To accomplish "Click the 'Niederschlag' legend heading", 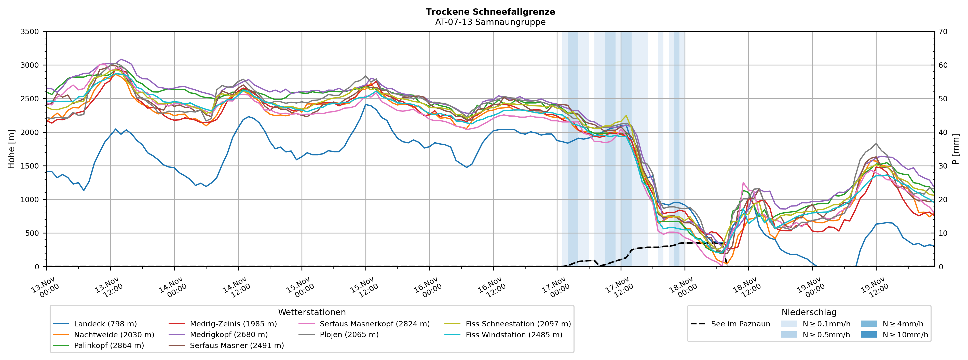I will click(809, 312).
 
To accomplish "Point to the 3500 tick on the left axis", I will click(30, 32).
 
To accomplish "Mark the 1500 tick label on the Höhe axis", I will click(30, 166).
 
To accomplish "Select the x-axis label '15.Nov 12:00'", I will click(363, 288).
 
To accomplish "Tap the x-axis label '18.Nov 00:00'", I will click(682, 288).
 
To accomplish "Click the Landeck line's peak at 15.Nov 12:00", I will click(366, 104).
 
